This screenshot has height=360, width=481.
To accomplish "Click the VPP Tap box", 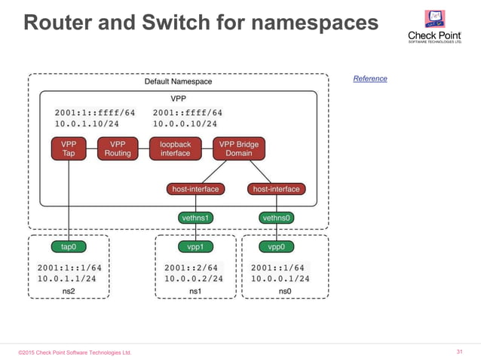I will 69,148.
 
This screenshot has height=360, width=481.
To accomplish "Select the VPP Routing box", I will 118,148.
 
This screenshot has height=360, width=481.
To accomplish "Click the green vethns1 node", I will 196,218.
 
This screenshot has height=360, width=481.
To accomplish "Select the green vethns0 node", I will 277,218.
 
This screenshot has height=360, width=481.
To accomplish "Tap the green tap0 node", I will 69,246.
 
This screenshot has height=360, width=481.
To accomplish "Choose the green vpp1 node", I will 196,246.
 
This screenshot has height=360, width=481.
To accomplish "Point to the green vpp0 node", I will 277,246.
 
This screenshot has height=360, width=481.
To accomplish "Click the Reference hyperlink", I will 370,78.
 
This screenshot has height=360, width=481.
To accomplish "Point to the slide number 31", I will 461,352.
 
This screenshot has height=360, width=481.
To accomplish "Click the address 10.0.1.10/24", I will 87,124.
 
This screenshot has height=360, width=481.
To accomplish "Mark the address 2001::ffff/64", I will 187,113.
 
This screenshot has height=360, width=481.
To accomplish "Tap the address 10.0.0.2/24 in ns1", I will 194,278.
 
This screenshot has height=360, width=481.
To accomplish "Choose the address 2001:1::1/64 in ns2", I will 69,267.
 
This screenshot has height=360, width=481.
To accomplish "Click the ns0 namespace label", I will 284,291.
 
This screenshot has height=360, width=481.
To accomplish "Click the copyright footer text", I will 75,352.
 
